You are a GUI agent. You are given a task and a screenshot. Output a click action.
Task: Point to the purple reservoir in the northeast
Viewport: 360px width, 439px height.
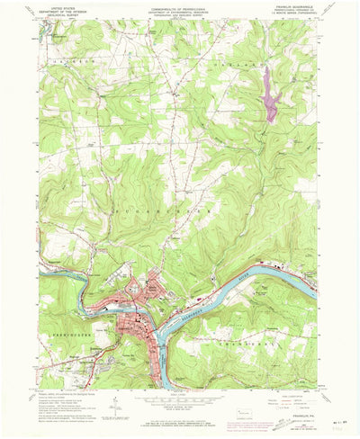pos(267,93)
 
